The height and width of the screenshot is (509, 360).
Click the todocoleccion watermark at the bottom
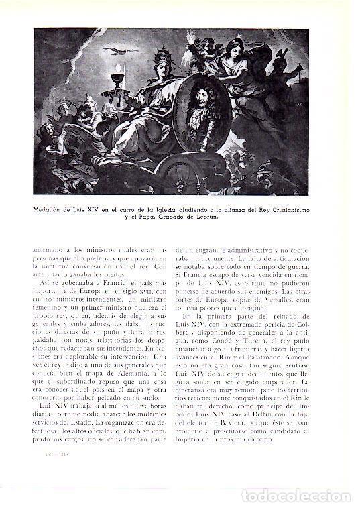click(x=315, y=496)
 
